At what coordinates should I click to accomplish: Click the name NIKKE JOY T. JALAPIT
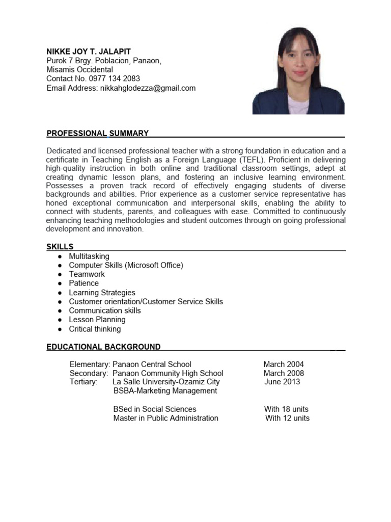[89, 51]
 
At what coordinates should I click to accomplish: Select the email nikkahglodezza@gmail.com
[148, 88]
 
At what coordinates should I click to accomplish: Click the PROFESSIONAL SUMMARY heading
[97, 134]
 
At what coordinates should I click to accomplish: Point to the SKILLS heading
[60, 247]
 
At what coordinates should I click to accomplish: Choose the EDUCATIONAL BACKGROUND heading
[103, 347]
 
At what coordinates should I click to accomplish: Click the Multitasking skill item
[89, 256]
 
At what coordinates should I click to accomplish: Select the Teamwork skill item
[87, 274]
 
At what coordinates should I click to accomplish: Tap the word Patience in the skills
[84, 283]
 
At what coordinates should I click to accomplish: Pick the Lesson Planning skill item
[97, 320]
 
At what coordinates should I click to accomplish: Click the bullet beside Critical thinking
[60, 329]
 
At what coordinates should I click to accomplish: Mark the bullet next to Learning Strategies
[60, 293]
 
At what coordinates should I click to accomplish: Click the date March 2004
[284, 364]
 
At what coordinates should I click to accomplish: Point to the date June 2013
[283, 382]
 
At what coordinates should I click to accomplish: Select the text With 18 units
[286, 409]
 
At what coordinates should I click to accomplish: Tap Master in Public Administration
[165, 419]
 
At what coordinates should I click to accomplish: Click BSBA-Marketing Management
[165, 391]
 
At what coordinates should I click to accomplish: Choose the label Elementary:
[90, 364]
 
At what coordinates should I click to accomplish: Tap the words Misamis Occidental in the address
[79, 70]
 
